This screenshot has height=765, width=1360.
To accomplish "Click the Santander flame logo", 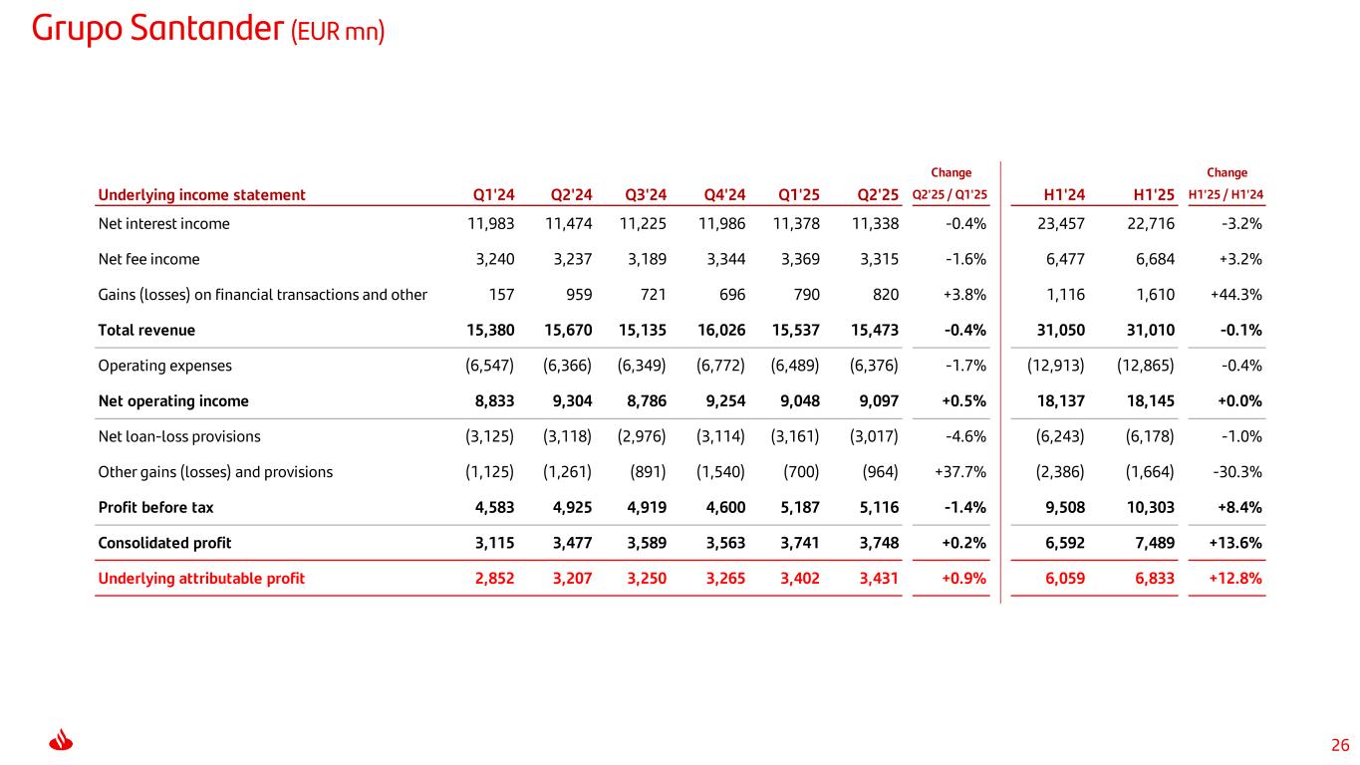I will coord(62,743).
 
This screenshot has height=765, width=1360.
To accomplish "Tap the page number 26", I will coord(1340,745).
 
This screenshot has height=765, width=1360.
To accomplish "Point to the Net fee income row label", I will coord(148,259).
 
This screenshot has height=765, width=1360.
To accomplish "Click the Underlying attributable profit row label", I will coord(201,578).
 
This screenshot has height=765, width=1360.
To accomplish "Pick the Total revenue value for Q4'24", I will coord(720,330).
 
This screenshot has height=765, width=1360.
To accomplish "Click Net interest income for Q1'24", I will coord(491,224).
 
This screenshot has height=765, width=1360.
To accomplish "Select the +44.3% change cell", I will coord(1236,295).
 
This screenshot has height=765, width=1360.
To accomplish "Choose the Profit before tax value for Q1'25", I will coord(796,507).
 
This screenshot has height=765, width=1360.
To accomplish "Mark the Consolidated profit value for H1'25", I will coord(1153,543).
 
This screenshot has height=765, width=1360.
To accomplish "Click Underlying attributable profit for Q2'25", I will coord(874,578).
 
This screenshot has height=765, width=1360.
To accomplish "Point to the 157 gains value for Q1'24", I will coord(501,295).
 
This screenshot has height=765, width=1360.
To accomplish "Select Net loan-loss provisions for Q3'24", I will coord(643,436).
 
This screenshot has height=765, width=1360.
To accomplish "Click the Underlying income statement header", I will coord(201,195).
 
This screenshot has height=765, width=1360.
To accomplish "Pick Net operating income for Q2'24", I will coord(567,401).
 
